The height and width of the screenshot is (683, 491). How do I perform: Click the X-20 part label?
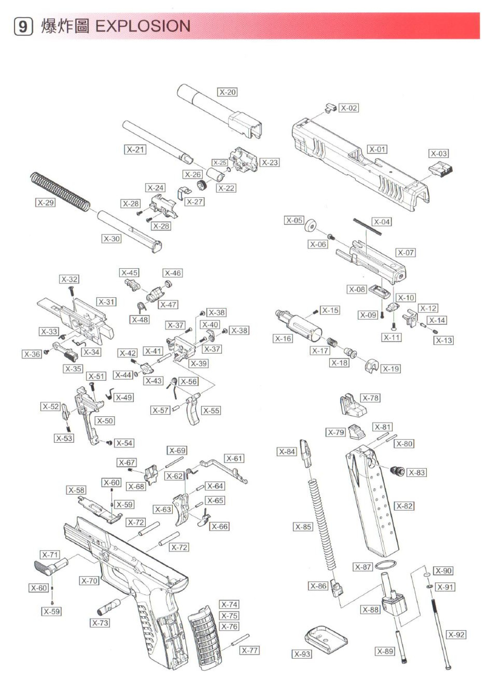[x=227, y=92]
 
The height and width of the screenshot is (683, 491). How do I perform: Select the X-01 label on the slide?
[x=377, y=149]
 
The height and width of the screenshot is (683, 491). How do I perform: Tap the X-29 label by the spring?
[x=46, y=203]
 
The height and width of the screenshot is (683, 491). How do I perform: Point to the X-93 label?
[x=302, y=654]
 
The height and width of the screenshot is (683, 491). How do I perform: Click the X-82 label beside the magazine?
[x=404, y=506]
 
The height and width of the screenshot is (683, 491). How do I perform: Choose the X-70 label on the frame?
[x=89, y=581]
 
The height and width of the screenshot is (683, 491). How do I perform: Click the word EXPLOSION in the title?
[x=143, y=26]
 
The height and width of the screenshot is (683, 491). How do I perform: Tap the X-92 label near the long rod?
[x=456, y=634]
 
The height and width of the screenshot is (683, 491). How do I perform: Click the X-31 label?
[x=107, y=302]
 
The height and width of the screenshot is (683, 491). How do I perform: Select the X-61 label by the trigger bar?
[x=234, y=458]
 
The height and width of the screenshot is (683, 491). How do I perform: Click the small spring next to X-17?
[x=332, y=342]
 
